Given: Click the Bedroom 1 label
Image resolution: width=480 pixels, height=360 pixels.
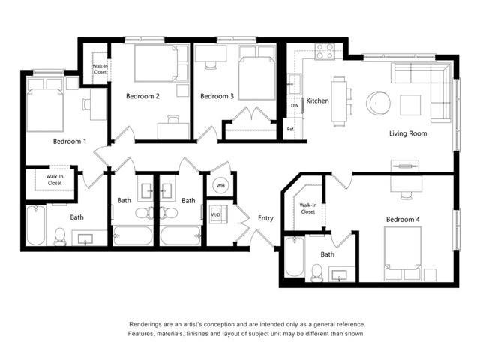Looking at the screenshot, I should tap(70, 141).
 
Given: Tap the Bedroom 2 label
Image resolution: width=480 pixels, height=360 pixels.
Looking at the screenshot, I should tap(142, 96).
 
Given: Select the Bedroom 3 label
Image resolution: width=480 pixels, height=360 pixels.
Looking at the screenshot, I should tap(217, 96).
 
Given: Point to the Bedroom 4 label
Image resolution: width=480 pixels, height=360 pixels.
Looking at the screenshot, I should tap(403, 219).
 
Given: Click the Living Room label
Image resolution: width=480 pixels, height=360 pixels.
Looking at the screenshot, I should tap(407, 133).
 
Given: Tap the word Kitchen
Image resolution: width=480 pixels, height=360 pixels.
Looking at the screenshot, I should tap(317, 100).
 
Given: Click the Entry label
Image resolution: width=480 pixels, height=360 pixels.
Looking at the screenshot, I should tap(265, 219).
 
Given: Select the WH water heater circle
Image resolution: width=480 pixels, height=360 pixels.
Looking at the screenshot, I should tap(220, 185).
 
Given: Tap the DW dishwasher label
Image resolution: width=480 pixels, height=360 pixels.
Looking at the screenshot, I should tap(294, 105).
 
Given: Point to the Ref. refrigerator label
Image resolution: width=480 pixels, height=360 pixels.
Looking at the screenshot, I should tap(291, 129).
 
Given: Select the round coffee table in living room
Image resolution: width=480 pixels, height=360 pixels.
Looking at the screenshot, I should tap(377, 103).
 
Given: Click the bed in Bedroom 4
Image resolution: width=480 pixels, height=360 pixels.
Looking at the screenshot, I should tap(403, 253).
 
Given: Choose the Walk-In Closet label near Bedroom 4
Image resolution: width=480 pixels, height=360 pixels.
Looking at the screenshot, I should tap(308, 208).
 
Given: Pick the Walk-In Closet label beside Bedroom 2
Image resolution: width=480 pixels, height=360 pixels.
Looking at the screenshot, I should tap(100, 70).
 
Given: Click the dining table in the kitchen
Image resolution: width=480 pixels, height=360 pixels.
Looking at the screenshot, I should tap(342, 100).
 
